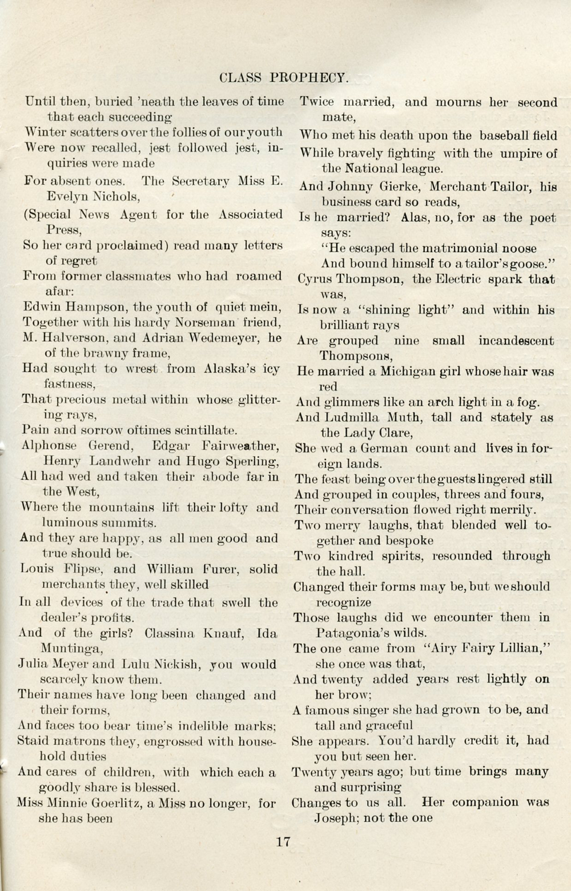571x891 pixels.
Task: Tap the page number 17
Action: tap(283, 841)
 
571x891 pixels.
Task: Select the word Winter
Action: tap(45, 132)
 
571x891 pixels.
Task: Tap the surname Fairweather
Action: tap(240, 445)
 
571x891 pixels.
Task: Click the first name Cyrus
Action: tap(317, 279)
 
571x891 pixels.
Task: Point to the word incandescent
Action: tap(516, 341)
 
